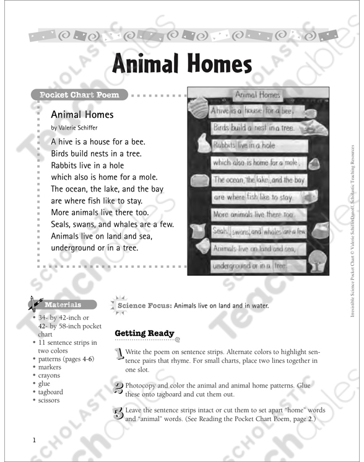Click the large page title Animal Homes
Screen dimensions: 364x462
coord(182,64)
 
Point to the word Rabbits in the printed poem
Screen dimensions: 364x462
coord(65,166)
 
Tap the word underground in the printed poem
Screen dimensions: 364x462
coord(75,248)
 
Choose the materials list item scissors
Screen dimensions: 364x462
coord(50,400)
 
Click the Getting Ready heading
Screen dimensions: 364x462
coord(144,333)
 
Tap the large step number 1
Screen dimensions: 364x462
coord(119,355)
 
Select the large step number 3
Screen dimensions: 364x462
coord(119,413)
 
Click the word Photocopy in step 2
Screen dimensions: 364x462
coord(142,385)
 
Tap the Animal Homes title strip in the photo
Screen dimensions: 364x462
coord(258,95)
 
